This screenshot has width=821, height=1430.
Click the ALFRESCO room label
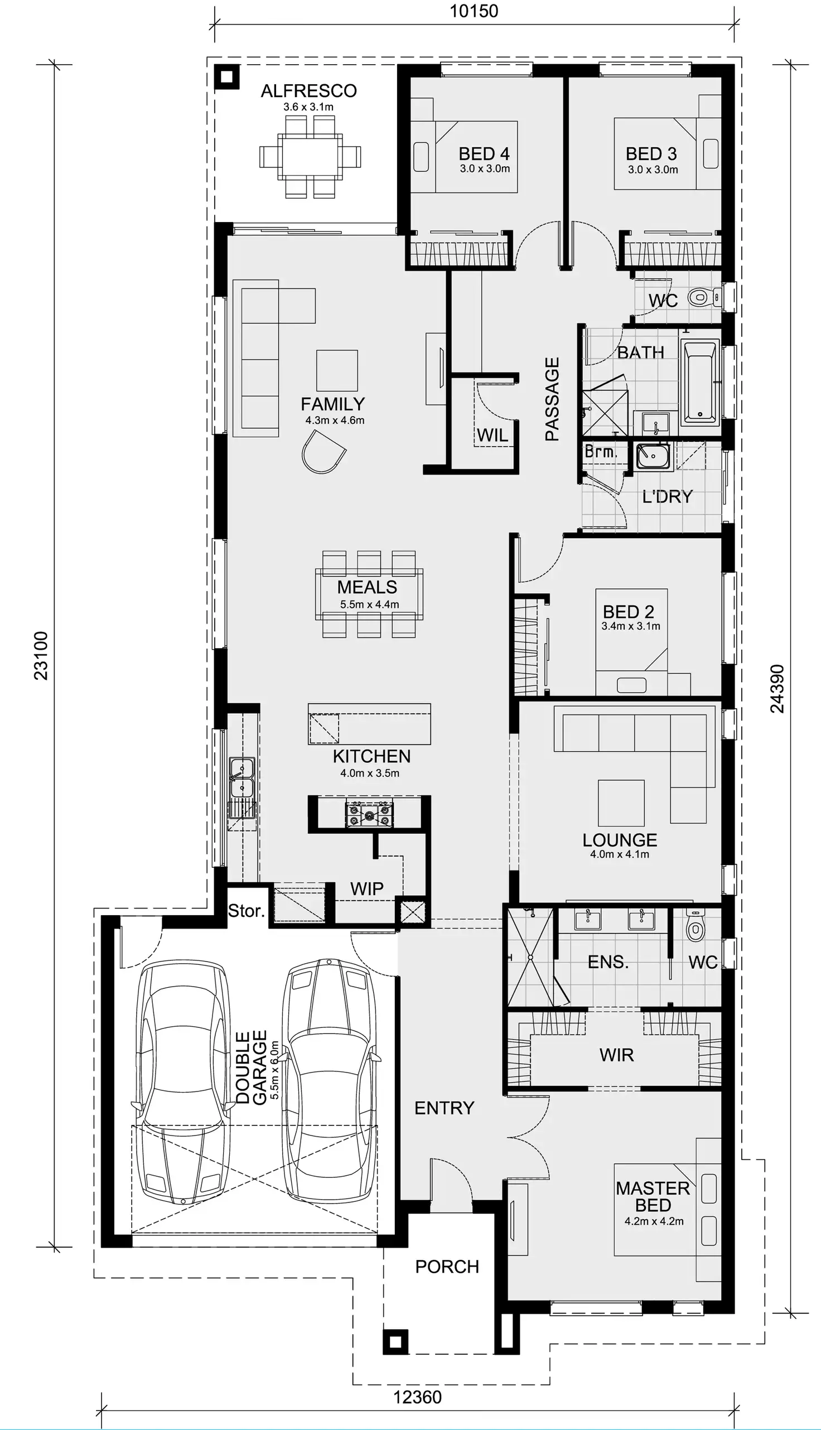pyautogui.click(x=308, y=91)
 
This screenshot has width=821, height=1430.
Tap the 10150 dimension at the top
pyautogui.click(x=474, y=11)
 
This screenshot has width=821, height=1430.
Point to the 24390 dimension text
pyautogui.click(x=777, y=689)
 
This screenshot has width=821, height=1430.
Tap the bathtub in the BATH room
pyautogui.click(x=700, y=381)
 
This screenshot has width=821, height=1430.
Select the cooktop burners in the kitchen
pyautogui.click(x=369, y=814)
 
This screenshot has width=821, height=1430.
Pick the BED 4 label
pyautogui.click(x=484, y=153)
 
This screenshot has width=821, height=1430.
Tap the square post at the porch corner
pyautogui.click(x=395, y=1342)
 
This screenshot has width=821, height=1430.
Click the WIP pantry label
pyautogui.click(x=366, y=889)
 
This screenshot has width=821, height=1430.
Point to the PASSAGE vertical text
pyautogui.click(x=552, y=399)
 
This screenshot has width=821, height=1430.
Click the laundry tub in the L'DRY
pyautogui.click(x=653, y=456)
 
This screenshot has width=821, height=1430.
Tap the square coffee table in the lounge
pyautogui.click(x=621, y=803)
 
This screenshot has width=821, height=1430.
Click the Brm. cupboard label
pyautogui.click(x=601, y=452)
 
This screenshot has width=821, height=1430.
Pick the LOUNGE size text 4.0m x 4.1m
pyautogui.click(x=619, y=854)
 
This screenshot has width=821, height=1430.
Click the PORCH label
pyautogui.click(x=447, y=1267)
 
